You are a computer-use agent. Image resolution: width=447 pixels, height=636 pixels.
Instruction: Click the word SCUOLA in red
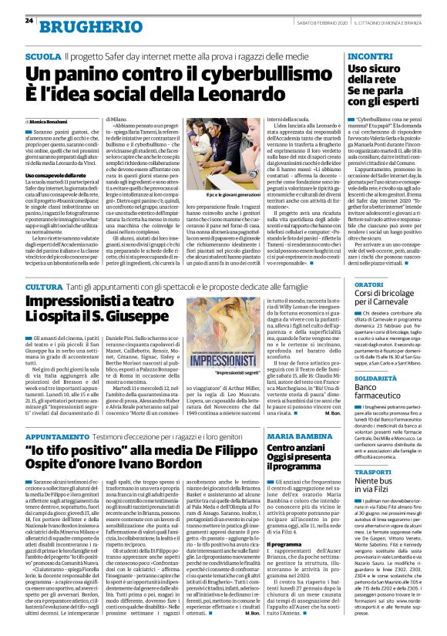(x=42, y=57)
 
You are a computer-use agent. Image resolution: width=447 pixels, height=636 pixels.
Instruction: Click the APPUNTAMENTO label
(x=56, y=436)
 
